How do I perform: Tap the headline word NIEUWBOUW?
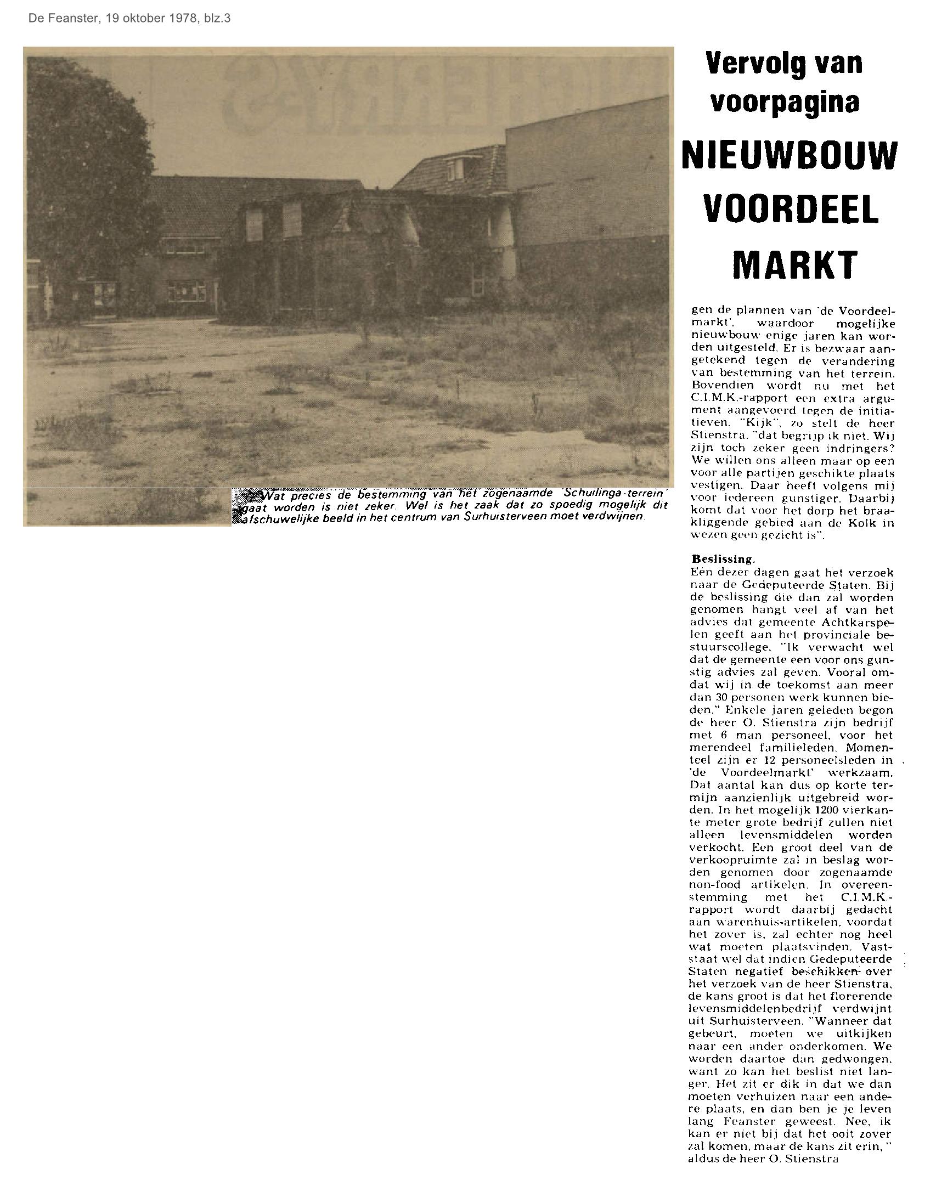789,156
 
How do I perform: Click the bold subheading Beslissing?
723,559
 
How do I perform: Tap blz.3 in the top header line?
217,18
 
